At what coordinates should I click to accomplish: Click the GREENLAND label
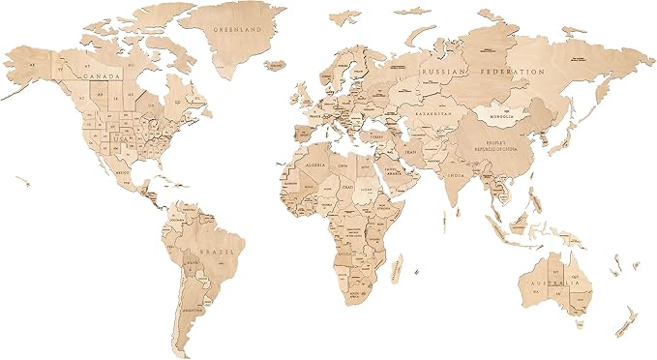pos(237,30)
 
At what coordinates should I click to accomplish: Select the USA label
pos(120,138)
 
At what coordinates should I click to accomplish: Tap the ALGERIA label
pos(319,166)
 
